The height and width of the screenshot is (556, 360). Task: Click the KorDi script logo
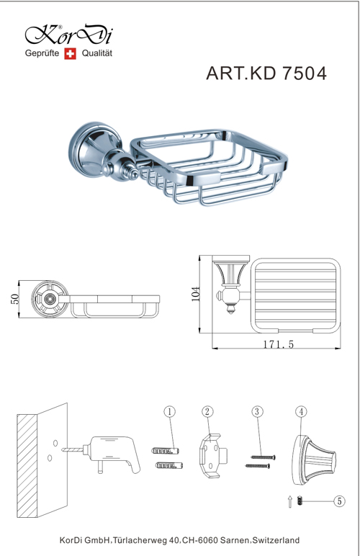(x=69, y=35)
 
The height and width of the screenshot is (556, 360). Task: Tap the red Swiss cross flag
(x=70, y=53)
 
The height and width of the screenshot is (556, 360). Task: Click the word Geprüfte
(x=42, y=53)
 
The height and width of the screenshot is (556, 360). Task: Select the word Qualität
(x=97, y=53)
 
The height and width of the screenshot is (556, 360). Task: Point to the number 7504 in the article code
(x=304, y=73)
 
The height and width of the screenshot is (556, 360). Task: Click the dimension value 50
(x=15, y=299)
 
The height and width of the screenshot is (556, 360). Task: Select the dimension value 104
(x=195, y=294)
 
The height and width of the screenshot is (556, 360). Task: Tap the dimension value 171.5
(x=279, y=344)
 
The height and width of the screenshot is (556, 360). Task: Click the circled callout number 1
(x=169, y=412)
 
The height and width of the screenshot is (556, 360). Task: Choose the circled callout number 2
(x=207, y=412)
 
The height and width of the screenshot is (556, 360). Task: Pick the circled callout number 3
(x=257, y=412)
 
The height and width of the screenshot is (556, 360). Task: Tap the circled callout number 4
(x=301, y=412)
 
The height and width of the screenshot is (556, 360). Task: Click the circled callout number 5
(x=339, y=501)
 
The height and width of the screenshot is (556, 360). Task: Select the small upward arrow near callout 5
(x=290, y=501)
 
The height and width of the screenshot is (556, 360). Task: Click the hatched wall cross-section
(x=27, y=466)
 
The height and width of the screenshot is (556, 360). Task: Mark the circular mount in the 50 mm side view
(x=49, y=299)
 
